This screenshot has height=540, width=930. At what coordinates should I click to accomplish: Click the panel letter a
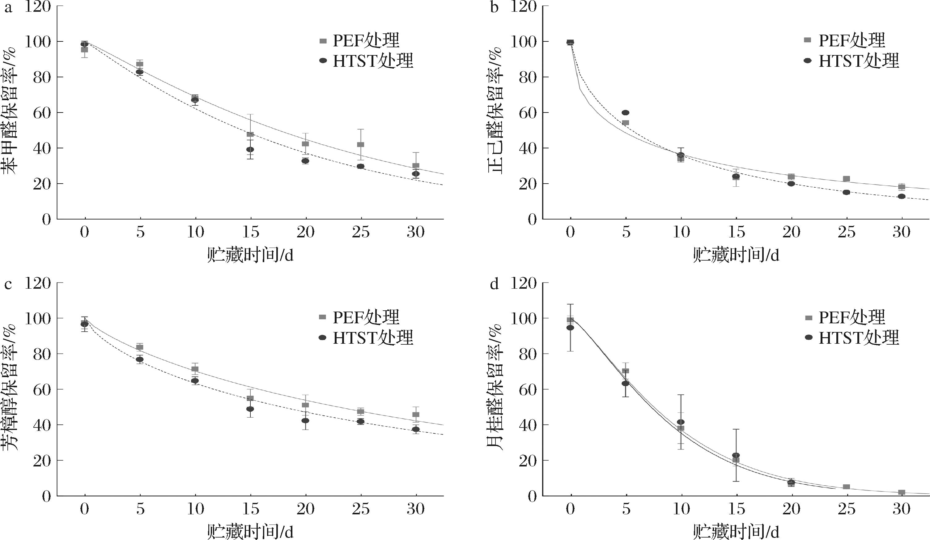point(8,7)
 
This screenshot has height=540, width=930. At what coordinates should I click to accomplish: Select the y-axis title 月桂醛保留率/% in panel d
point(496,388)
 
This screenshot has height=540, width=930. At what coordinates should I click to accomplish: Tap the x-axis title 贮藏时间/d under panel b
point(736,255)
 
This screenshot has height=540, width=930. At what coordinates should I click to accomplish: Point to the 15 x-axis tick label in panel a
point(250,232)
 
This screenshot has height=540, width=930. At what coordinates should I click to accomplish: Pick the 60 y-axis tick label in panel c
point(42,389)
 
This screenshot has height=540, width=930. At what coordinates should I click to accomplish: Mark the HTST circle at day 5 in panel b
point(626,113)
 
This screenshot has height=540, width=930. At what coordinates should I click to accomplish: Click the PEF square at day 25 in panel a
point(361,144)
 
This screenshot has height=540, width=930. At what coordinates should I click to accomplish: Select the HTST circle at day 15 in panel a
point(250,150)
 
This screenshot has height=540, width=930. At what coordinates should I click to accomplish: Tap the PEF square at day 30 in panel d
point(902,492)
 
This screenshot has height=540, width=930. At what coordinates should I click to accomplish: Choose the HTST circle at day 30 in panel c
point(416,429)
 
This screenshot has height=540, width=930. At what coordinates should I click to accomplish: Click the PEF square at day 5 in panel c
point(140,347)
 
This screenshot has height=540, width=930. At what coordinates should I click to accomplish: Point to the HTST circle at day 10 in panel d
point(681,422)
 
